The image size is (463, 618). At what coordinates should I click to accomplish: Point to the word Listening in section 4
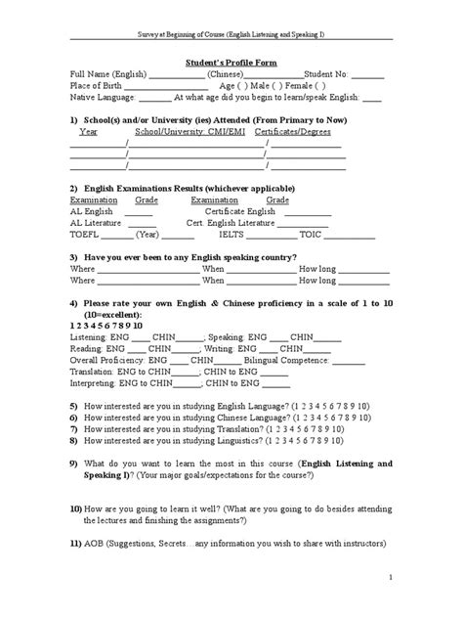tap(88, 332)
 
